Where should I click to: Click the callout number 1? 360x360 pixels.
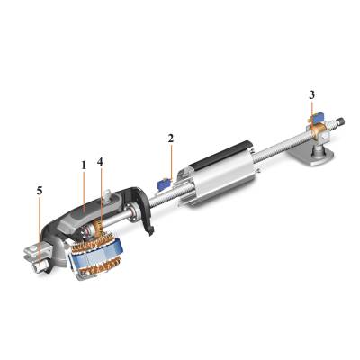pyautogui.click(x=82, y=166)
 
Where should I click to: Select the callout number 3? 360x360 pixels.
pyautogui.click(x=311, y=94)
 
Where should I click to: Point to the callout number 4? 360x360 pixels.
pyautogui.click(x=100, y=162)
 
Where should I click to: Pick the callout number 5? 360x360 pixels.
pyautogui.click(x=38, y=192)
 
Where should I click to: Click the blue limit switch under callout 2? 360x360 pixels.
pyautogui.click(x=166, y=182)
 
